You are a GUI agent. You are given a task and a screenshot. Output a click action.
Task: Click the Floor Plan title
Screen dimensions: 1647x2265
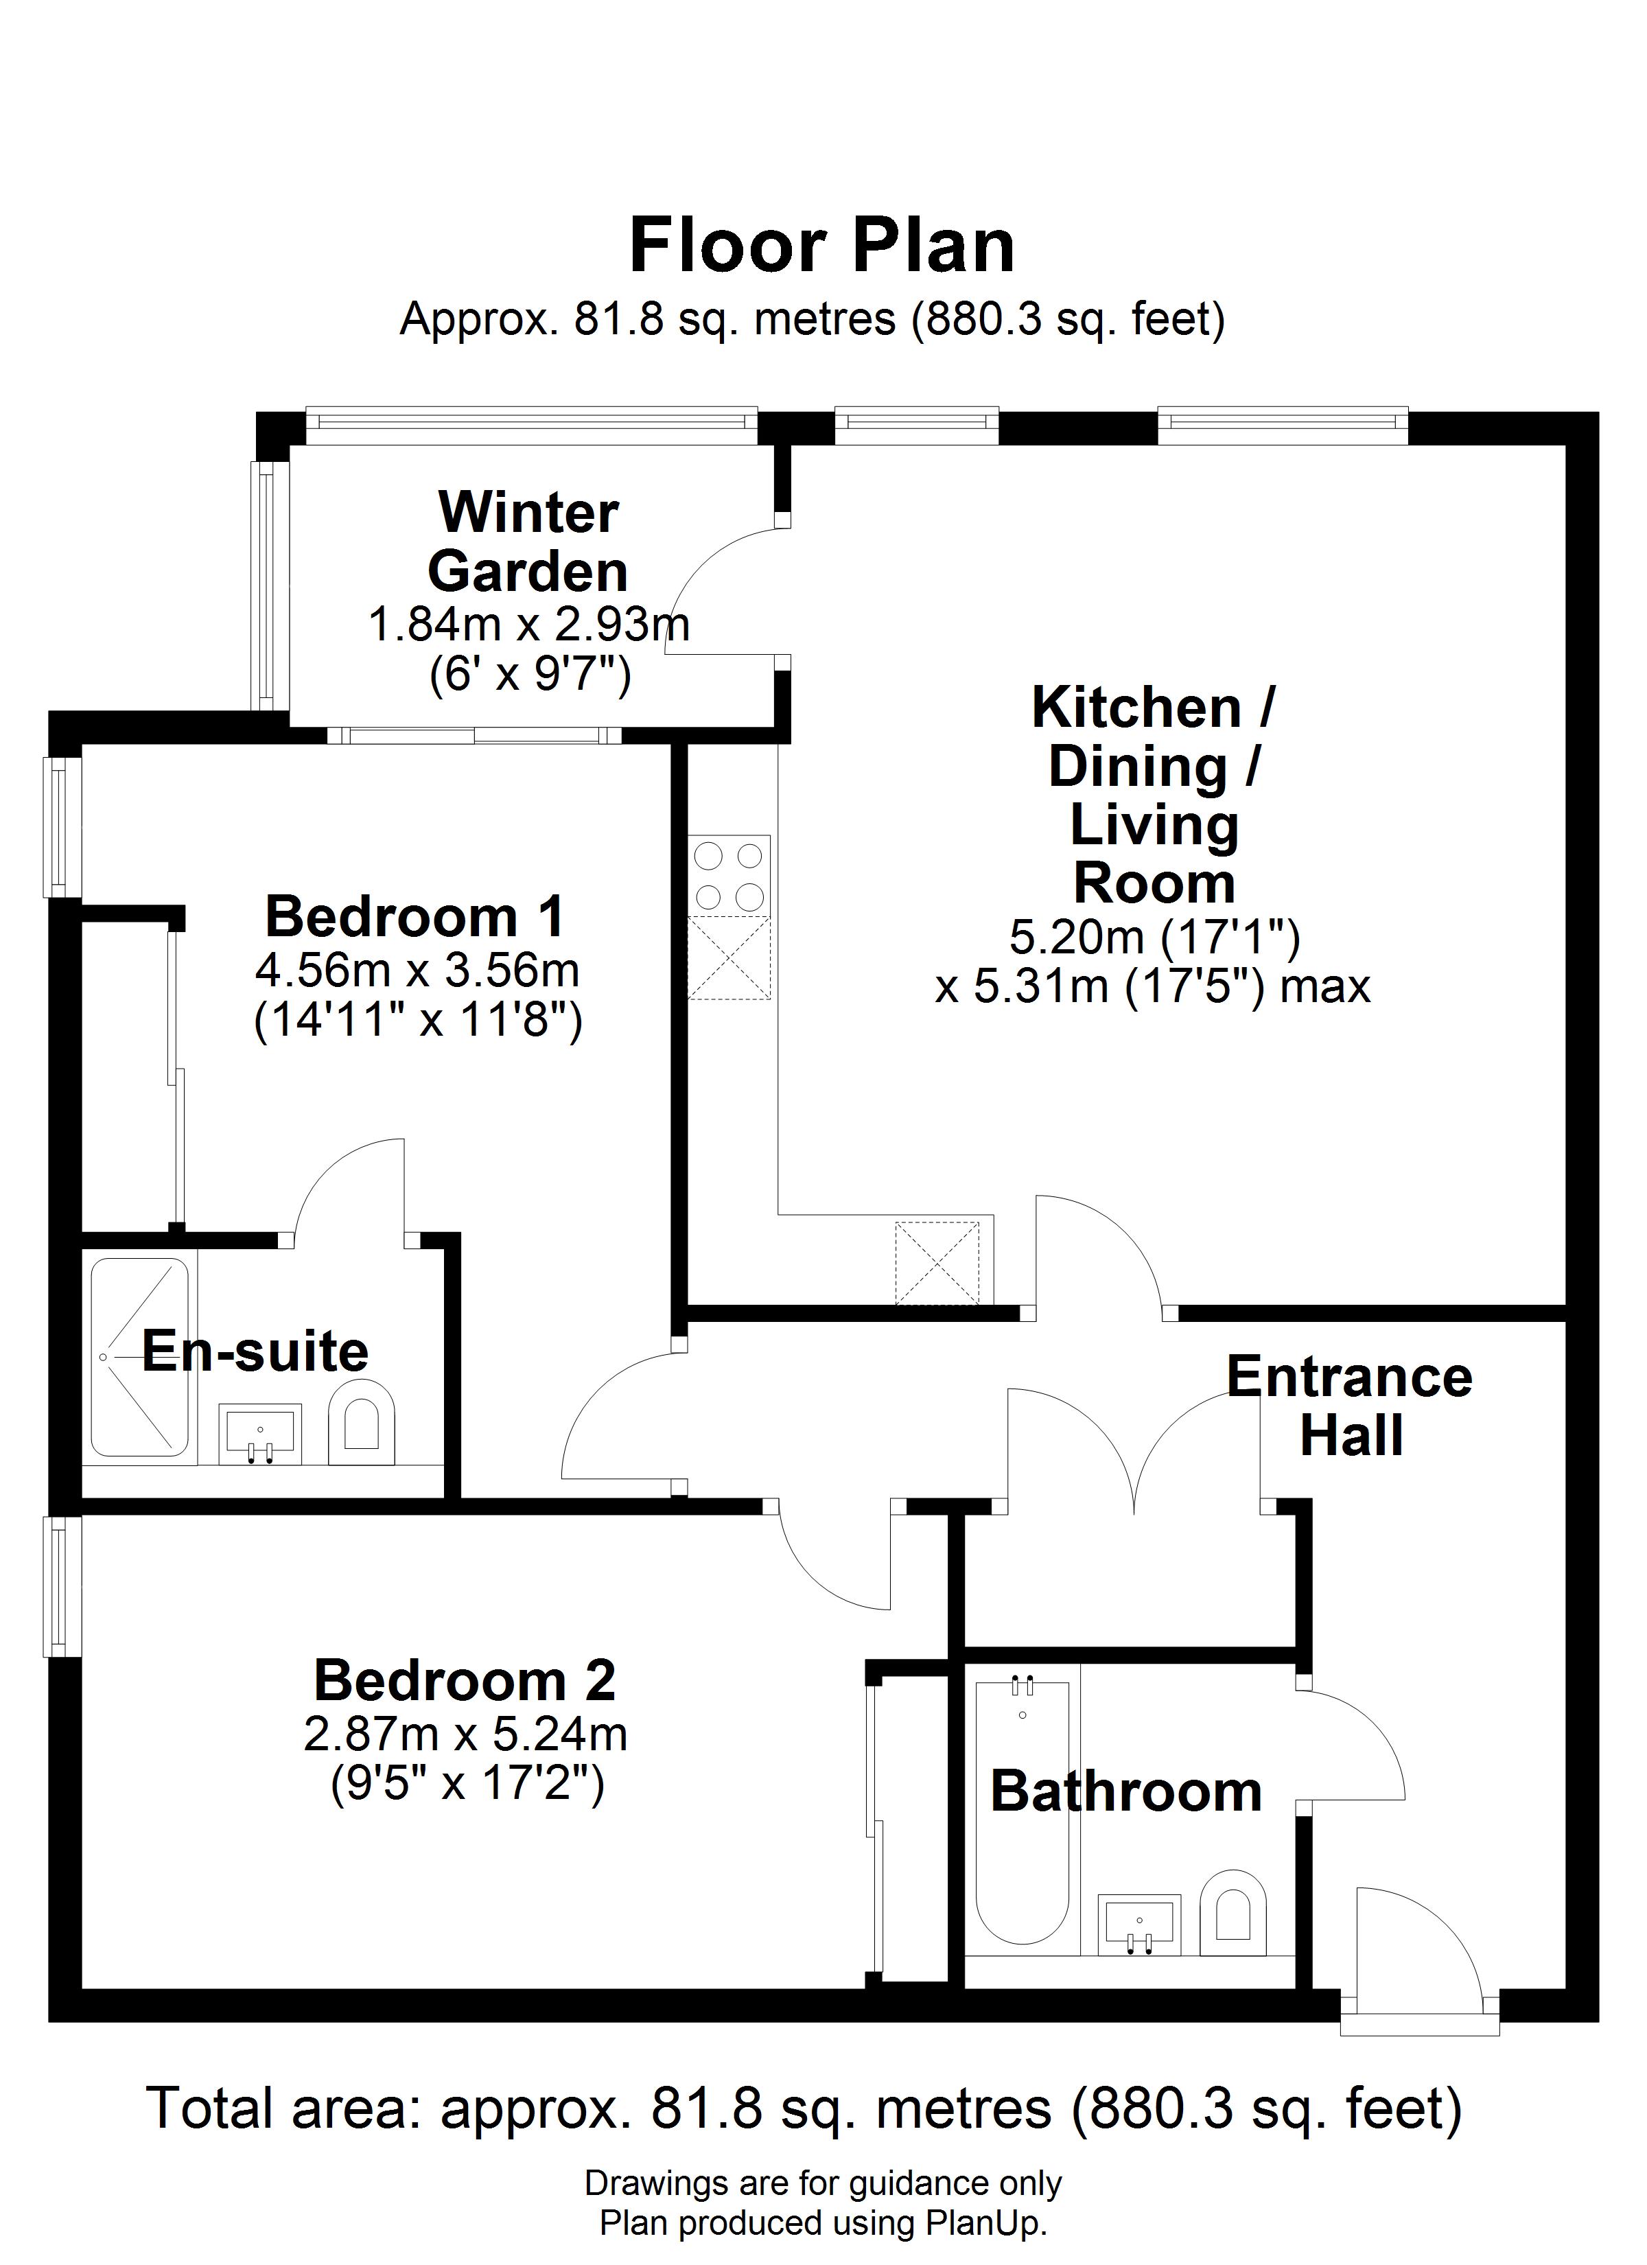point(822,246)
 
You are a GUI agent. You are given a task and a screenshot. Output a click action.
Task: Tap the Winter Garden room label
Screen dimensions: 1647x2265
point(528,542)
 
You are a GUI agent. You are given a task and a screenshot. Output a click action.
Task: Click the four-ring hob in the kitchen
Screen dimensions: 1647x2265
point(729,875)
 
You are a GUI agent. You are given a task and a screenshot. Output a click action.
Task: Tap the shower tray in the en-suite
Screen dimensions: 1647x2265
point(140,1357)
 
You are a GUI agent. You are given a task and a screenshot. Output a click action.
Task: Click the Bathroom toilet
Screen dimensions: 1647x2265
point(1233,1912)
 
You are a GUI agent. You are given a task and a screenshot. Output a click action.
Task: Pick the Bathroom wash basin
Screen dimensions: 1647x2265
point(1138,1925)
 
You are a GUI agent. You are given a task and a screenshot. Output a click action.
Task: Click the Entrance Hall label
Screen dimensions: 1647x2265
point(1351,1406)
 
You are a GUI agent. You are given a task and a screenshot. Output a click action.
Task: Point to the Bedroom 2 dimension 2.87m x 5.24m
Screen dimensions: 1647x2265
point(465,1734)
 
